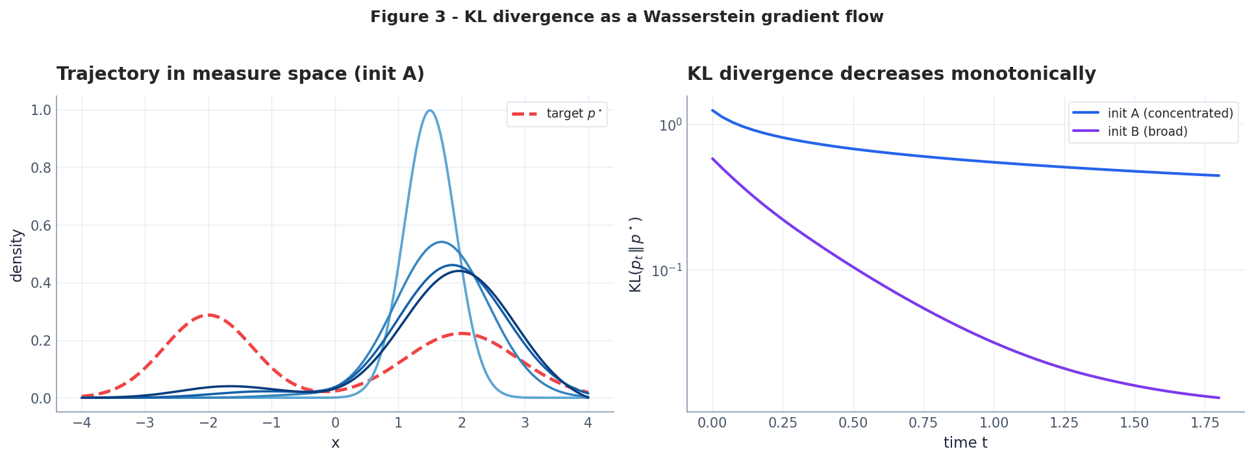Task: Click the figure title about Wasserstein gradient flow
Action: point(627,17)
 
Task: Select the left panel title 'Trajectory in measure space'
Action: point(240,74)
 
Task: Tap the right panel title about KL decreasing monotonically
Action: point(891,74)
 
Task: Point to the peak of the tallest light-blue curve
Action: point(430,110)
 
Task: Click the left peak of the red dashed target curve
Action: point(208,315)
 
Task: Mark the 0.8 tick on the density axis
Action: point(40,168)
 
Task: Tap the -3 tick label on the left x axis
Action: point(144,423)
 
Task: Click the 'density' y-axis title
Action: point(17,255)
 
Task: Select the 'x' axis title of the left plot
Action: point(335,443)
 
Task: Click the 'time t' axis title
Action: point(965,443)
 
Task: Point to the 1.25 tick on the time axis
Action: point(1064,423)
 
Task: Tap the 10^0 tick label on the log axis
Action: point(670,125)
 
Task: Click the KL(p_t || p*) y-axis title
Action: point(636,254)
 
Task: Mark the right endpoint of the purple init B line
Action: point(1219,398)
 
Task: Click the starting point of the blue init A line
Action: point(712,110)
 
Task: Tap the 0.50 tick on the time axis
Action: point(853,423)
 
